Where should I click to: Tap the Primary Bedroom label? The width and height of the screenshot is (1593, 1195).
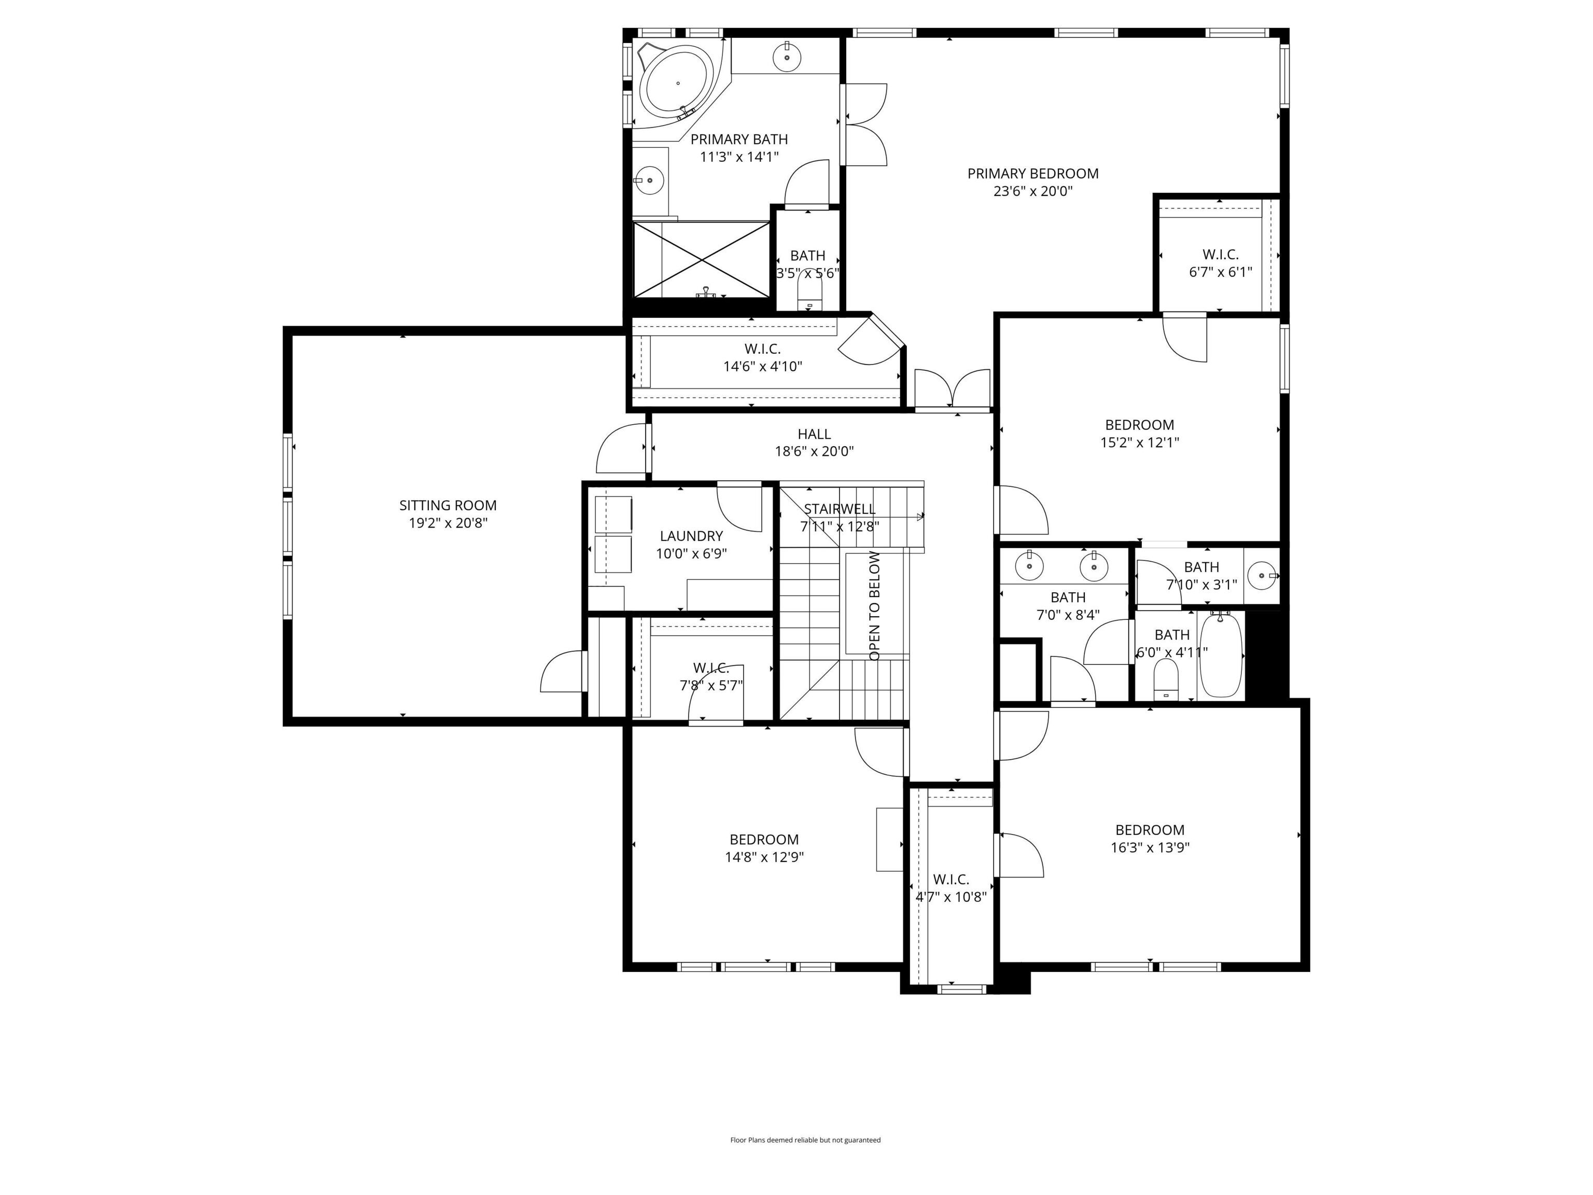tap(1032, 174)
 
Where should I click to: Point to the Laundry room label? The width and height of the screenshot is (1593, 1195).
tap(691, 536)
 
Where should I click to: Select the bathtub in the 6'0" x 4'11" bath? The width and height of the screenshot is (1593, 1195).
tap(1221, 654)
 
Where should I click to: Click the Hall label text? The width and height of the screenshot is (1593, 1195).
tap(814, 434)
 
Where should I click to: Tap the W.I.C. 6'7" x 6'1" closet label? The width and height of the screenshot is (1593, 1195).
tap(1220, 255)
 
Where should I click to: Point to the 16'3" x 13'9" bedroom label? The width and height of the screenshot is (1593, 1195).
tap(1150, 830)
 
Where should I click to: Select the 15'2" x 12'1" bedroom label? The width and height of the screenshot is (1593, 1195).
tap(1139, 425)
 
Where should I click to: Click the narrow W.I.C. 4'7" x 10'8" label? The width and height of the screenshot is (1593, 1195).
tap(951, 880)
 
